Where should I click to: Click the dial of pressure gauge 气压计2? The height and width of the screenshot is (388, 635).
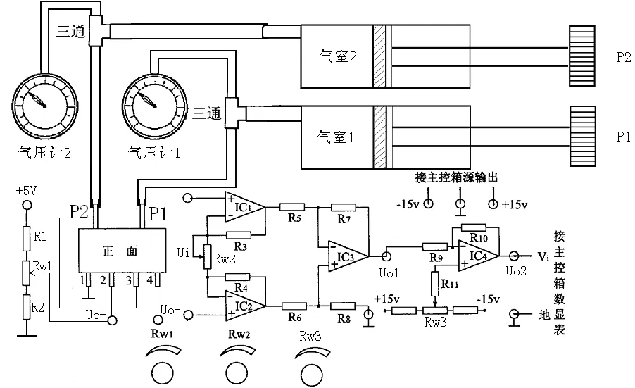(44, 106)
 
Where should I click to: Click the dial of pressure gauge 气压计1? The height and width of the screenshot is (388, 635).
(155, 106)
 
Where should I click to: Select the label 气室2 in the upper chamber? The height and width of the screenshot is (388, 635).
(338, 56)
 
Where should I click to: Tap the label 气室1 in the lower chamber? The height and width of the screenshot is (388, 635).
(336, 137)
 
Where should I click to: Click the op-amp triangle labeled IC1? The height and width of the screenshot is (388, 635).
(244, 207)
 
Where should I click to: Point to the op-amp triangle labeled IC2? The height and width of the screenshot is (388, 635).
(244, 306)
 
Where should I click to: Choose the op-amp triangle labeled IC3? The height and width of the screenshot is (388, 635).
(348, 256)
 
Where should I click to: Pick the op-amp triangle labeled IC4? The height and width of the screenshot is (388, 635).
(478, 256)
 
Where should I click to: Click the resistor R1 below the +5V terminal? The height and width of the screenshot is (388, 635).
(27, 239)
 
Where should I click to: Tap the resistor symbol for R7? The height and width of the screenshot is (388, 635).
(344, 208)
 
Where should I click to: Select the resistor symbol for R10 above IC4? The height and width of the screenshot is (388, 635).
(473, 227)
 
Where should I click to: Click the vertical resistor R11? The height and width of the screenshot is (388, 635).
(435, 284)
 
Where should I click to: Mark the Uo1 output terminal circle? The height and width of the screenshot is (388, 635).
(386, 256)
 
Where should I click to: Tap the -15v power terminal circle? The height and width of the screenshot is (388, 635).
(428, 204)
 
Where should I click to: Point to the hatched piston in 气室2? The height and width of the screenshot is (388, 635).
(379, 56)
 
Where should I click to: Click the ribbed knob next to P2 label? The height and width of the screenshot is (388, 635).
(582, 56)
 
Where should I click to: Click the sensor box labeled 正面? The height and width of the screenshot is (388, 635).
(122, 250)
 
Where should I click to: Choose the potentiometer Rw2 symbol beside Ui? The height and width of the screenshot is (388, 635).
(207, 257)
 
